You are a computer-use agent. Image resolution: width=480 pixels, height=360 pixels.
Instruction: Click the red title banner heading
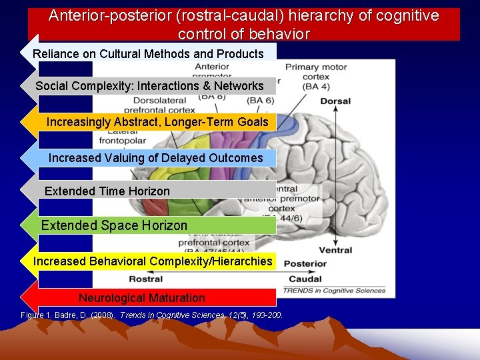point(244,25)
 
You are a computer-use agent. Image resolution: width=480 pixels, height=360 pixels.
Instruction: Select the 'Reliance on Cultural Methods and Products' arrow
point(149,54)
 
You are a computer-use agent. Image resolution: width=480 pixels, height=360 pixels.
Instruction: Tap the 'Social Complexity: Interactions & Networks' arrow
point(150,86)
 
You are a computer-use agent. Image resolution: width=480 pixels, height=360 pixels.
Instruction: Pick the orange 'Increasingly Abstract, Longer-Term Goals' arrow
point(157,122)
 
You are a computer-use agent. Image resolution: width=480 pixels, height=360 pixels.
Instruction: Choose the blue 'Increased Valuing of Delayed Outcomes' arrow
point(155,158)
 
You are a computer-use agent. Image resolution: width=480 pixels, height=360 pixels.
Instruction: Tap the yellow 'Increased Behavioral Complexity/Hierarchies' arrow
point(153,261)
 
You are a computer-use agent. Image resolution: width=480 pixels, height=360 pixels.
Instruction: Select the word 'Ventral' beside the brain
point(335,251)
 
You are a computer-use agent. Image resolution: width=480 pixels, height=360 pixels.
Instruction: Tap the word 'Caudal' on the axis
point(305,279)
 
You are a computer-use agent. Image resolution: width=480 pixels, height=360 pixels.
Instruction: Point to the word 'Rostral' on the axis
point(146,279)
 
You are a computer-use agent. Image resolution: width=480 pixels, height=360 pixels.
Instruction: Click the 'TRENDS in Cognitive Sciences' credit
point(335,290)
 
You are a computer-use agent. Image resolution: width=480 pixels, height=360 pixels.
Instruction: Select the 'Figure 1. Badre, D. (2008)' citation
point(152,315)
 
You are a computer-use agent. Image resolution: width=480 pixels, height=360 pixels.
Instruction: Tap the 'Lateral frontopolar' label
point(122,136)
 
